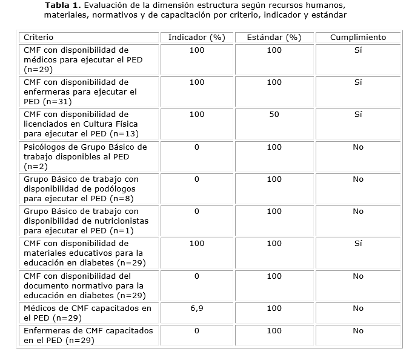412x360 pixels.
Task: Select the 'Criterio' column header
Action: coord(38,38)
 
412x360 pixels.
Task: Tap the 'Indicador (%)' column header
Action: coord(196,38)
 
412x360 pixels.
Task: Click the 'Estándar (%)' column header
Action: coord(274,38)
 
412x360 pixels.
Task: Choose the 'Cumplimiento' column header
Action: coord(357,38)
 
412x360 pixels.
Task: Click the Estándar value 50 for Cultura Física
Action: coord(274,115)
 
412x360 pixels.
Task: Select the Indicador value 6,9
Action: coord(196,308)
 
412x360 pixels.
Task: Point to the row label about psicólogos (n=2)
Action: coord(85,156)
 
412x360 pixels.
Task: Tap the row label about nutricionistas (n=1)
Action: coord(85,221)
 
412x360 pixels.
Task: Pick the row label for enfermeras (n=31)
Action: coord(80,92)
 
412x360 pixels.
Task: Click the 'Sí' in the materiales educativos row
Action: coord(357,244)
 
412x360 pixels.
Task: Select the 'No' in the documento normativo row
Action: coord(357,276)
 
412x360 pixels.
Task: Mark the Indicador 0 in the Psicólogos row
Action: coord(196,147)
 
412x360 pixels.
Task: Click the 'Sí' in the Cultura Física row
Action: coord(357,115)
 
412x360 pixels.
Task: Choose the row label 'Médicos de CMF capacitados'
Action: coord(87,313)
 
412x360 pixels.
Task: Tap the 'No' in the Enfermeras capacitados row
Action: coord(357,331)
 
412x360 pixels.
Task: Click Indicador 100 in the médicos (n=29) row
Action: coord(196,50)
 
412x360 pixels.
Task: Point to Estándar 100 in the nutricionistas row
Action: coord(274,212)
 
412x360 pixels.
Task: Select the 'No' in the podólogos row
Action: coord(357,179)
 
